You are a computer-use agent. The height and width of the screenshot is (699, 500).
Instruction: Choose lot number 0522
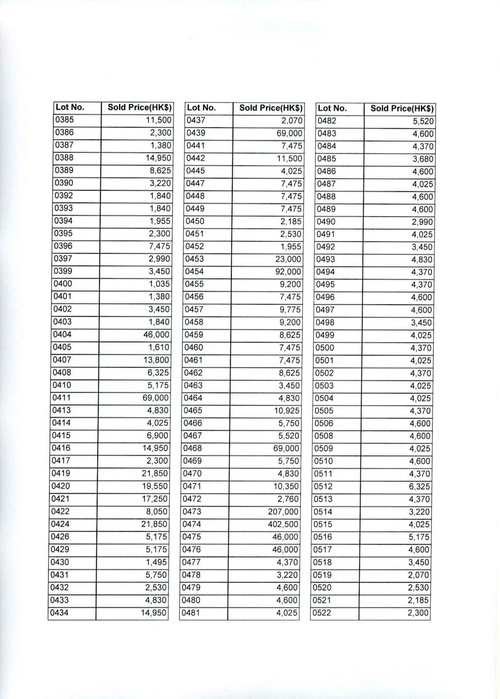pos(322,613)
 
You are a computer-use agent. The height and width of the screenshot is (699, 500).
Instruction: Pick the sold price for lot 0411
pos(155,398)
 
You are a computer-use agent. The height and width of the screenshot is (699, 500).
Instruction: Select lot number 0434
pos(59,613)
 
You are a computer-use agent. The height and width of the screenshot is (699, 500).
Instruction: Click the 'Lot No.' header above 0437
pos(201,108)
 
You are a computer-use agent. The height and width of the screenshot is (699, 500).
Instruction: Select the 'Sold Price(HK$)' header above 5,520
pos(402,109)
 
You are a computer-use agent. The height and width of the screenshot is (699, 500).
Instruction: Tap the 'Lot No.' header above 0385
pos(70,107)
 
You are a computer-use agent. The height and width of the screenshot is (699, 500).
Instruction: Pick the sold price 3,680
pos(423,159)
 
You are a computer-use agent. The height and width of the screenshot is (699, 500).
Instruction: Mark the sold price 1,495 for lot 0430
pos(156,562)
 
